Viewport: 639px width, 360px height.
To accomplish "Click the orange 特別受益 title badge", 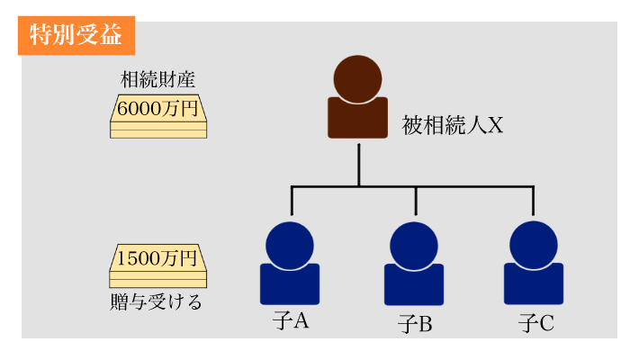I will pos(76,35).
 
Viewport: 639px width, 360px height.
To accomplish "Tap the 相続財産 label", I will pos(157,80).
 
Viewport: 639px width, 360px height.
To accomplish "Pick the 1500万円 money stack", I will pos(157,265).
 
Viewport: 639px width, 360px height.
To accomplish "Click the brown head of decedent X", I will pos(357,77).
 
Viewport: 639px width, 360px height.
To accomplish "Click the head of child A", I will pos(290,244).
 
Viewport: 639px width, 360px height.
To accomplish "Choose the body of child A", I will pos(290,285).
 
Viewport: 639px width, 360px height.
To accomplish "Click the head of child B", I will pos(415,244).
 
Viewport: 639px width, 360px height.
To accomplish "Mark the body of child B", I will pos(415,285).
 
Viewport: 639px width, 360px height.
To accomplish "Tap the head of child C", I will pos(533,244).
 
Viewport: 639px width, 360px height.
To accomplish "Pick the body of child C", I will pos(533,285).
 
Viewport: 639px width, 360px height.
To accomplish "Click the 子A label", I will pos(290,319).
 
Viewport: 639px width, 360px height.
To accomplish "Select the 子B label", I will pos(415,323).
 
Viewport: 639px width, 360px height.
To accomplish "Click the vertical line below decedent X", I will pos(358,162).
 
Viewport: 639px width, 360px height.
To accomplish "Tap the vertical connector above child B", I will pos(415,200).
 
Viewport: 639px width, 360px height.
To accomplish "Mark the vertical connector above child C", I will pos(533,200).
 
